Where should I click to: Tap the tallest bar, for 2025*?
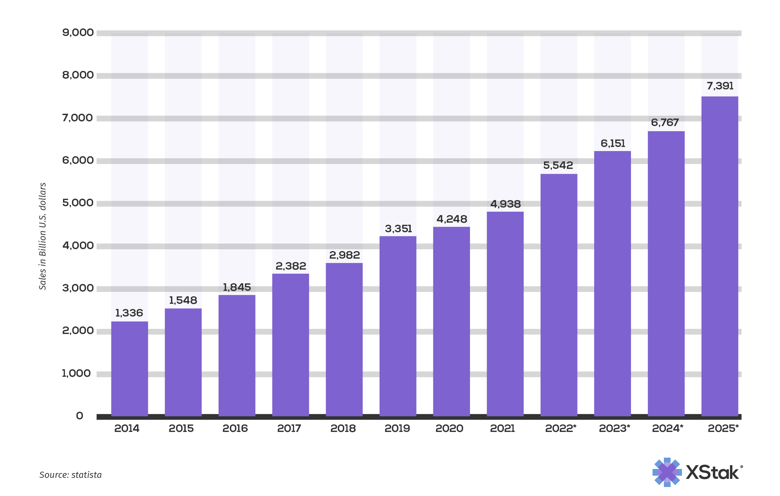click(719, 256)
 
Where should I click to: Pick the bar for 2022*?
click(559, 295)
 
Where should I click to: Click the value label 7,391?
click(720, 86)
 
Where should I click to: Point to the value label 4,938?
click(505, 204)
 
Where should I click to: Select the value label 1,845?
click(237, 287)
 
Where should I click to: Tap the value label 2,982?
click(344, 255)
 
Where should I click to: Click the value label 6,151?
click(613, 144)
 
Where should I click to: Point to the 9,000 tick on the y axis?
click(78, 33)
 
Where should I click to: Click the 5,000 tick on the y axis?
click(78, 203)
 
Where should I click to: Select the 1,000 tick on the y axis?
click(76, 373)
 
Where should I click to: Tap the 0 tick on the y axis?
click(79, 416)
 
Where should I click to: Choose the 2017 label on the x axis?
click(289, 429)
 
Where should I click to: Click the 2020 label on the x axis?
click(449, 429)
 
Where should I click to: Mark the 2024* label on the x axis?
click(667, 429)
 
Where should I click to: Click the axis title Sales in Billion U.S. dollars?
click(42, 236)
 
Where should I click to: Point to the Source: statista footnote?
click(70, 475)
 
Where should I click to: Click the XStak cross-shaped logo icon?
click(667, 472)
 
